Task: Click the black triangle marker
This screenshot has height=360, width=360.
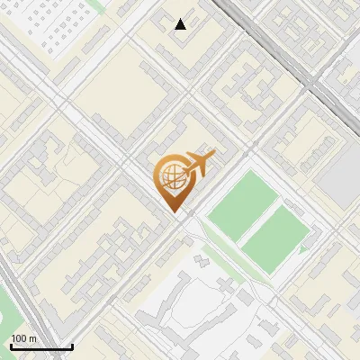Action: click(x=181, y=24)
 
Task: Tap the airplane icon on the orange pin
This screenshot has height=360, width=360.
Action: click(x=201, y=164)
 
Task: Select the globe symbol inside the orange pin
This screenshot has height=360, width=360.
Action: click(x=172, y=177)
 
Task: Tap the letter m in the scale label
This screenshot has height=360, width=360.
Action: click(x=34, y=338)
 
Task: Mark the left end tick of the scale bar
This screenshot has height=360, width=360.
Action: click(x=11, y=346)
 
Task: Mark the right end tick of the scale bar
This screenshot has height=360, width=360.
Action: click(x=72, y=346)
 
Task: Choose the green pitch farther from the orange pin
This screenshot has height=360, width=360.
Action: click(x=276, y=236)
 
